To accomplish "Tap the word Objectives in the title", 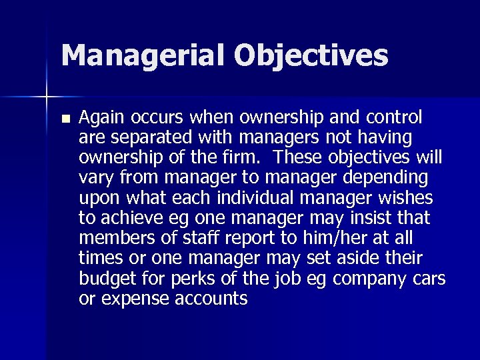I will coord(311,55).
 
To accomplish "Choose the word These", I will coord(299,158).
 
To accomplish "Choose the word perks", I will coord(195,278).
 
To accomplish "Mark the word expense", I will coord(133,299).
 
